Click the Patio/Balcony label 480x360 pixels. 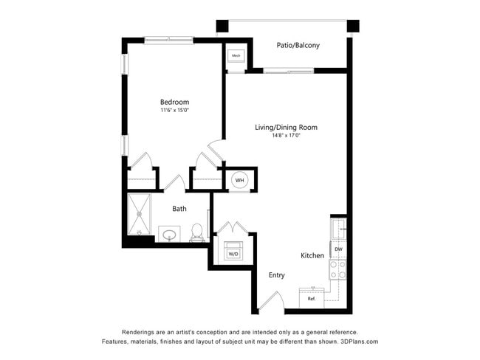coord(298,46)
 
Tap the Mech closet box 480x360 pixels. coord(236,56)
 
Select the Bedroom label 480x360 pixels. coord(174,102)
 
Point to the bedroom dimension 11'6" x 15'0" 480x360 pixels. coord(174,111)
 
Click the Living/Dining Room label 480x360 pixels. coord(286,128)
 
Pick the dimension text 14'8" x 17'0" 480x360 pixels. coord(286,136)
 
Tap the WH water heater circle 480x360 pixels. coord(239,179)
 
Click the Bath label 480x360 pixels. coord(179,209)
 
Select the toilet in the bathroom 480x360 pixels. coord(196,232)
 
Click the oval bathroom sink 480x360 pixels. coord(169,235)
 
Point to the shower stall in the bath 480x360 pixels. coord(139,214)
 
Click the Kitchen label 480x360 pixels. coord(312,255)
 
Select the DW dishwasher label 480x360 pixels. coord(338,249)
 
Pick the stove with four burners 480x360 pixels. coord(338,270)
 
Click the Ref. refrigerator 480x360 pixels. coord(311,298)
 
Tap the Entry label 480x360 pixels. coord(276,275)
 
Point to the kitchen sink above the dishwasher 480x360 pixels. coord(338,229)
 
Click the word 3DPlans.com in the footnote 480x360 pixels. coord(358,342)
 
